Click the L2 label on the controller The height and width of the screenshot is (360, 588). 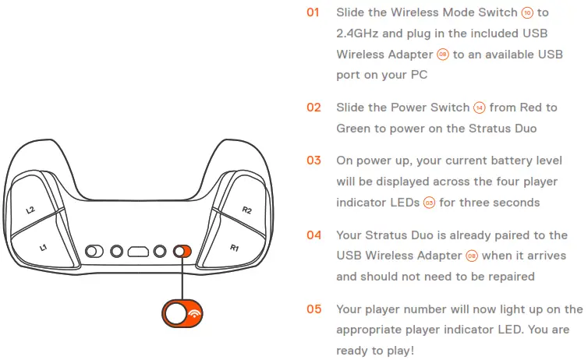tap(30, 210)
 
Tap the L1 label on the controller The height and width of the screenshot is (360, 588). tap(44, 247)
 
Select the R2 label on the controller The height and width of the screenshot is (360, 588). tap(247, 210)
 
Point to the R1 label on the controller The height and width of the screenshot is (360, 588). tap(234, 247)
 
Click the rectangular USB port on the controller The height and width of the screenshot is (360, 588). tap(139, 252)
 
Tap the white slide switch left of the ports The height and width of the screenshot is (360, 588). tap(94, 252)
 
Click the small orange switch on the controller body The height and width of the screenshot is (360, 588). tap(182, 252)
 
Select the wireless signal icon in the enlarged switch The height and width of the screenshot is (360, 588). tap(193, 313)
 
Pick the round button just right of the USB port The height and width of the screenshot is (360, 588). tap(160, 252)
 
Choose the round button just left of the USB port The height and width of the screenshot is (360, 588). tap(117, 252)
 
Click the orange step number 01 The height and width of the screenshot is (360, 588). tap(313, 13)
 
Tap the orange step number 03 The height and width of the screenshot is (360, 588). tap(313, 161)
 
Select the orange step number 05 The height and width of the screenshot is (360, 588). tap(313, 309)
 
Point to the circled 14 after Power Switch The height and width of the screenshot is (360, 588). tap(479, 108)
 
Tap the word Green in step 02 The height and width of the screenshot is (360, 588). tap(355, 128)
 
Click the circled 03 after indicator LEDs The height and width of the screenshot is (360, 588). tap(429, 203)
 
